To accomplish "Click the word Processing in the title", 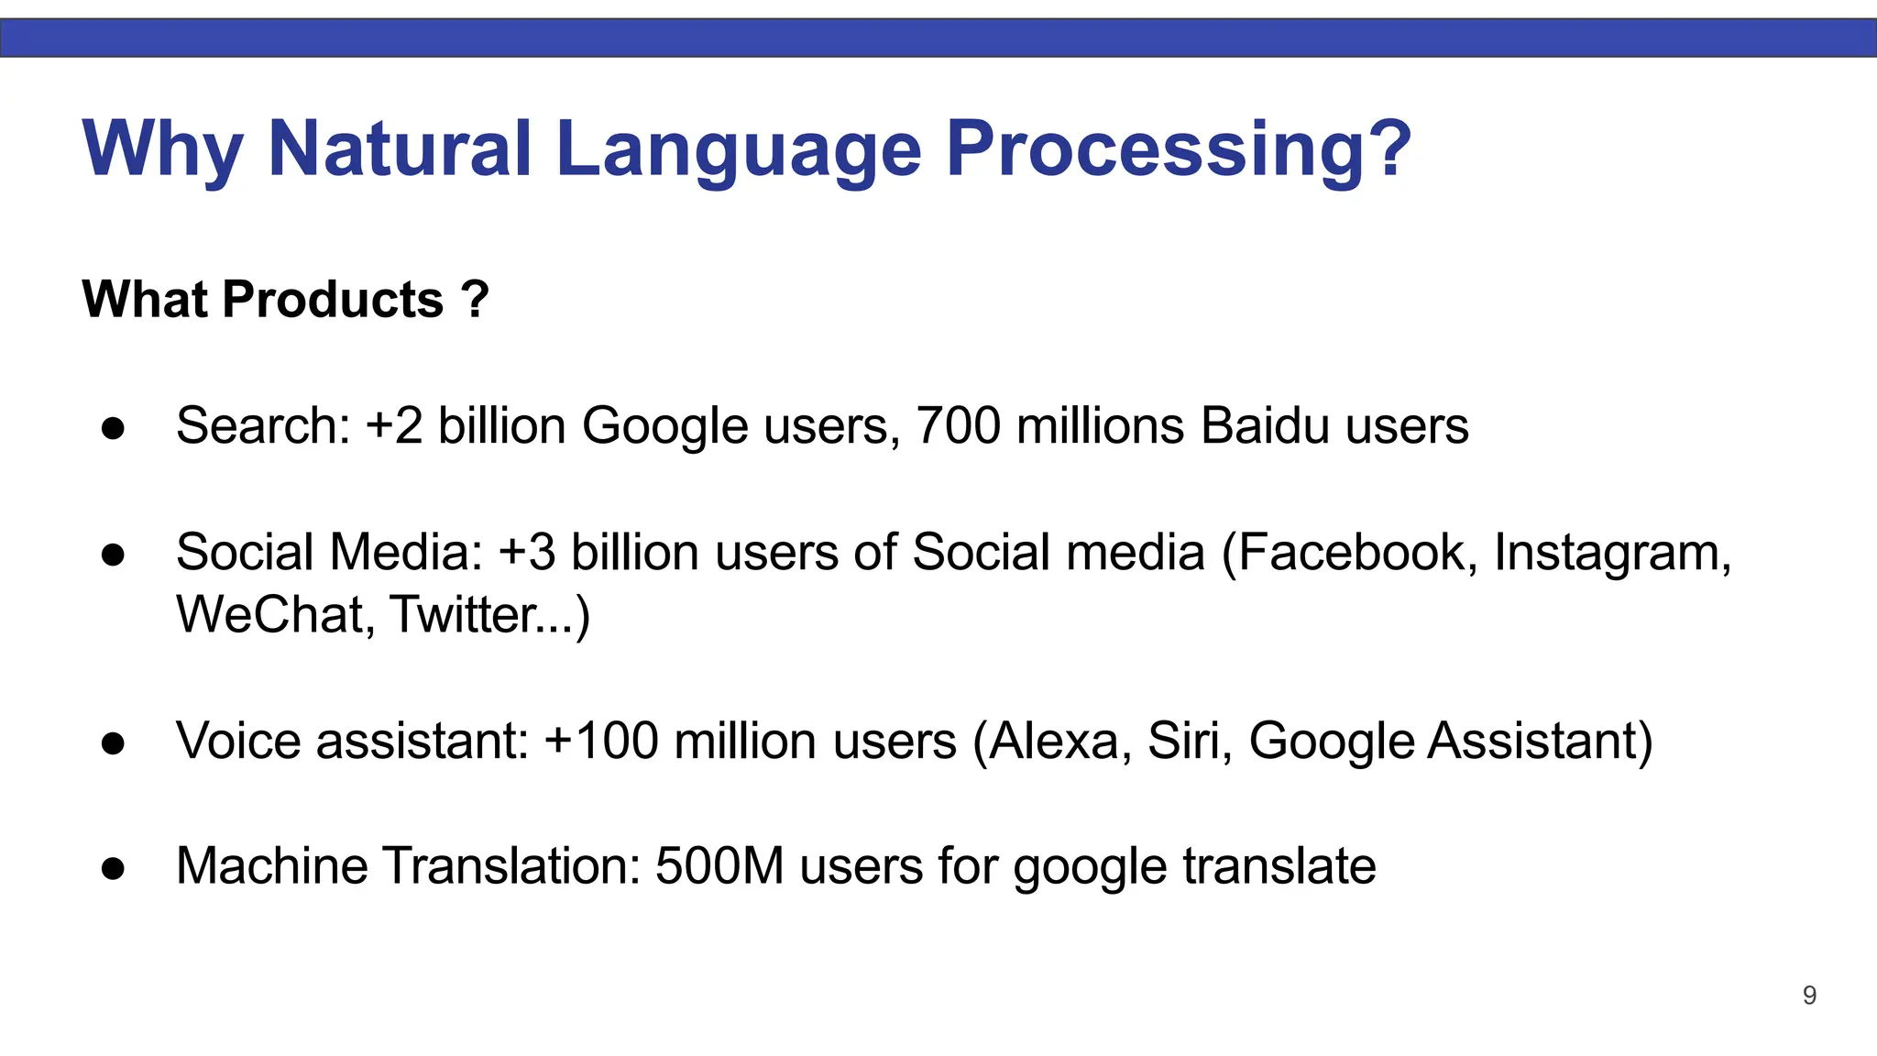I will [x=1178, y=149].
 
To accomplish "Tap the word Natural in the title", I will [x=400, y=149].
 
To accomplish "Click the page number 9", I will [x=1809, y=995].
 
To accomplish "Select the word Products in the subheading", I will [x=333, y=300].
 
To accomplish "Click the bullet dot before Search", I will [x=114, y=428].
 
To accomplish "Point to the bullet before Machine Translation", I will [x=114, y=868].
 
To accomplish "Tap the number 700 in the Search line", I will [x=958, y=426].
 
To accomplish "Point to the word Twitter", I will [x=463, y=615].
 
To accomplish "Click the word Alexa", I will [x=1052, y=741].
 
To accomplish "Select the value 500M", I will [x=719, y=866].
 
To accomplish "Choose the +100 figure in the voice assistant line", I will [x=601, y=741].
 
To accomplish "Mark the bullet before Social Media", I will [x=114, y=555].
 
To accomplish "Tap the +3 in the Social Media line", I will [x=527, y=553].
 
